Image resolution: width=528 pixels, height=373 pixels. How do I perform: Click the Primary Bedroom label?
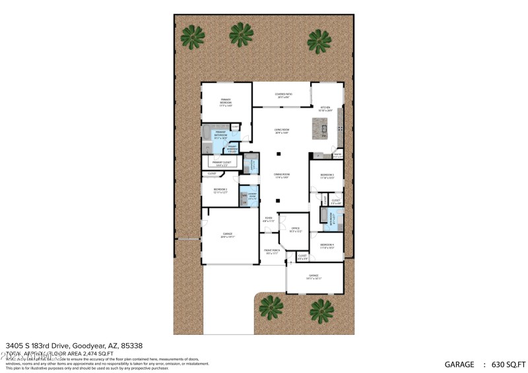[226, 102]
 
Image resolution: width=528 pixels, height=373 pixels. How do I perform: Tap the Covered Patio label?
[283, 96]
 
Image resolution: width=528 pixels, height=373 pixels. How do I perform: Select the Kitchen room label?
[325, 109]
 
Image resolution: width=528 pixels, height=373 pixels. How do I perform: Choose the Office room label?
[295, 230]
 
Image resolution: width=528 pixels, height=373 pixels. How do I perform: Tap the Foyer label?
[269, 219]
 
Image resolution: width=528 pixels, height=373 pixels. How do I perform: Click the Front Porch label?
[273, 252]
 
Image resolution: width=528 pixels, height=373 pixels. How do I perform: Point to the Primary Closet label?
[221, 163]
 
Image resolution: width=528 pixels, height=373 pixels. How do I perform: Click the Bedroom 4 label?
[327, 246]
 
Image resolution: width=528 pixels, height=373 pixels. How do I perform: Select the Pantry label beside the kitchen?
[337, 156]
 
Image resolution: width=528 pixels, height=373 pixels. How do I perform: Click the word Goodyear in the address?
[80, 345]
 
